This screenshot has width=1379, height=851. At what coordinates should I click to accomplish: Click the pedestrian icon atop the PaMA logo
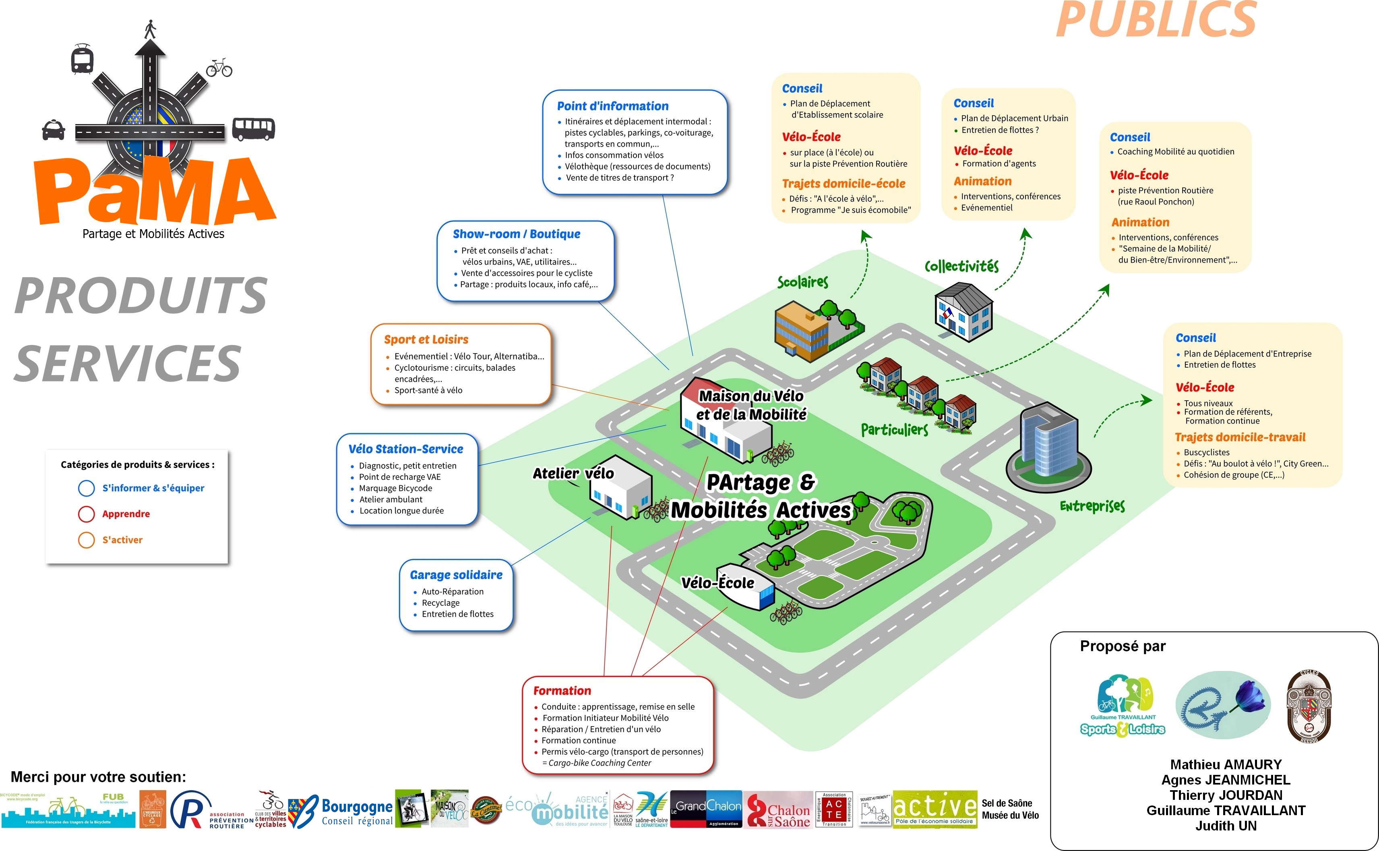(150, 29)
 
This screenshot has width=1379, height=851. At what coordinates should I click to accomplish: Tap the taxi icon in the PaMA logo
(54, 130)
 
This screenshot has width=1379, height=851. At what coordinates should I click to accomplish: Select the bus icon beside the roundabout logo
(253, 129)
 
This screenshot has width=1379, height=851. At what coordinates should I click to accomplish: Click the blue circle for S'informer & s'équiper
(86, 488)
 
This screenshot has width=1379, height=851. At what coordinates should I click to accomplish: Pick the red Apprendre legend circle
(86, 514)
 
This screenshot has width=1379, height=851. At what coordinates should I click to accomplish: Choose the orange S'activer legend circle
(86, 540)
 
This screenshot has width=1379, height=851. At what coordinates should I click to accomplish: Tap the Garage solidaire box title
(456, 575)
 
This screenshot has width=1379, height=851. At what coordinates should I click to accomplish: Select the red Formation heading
(562, 691)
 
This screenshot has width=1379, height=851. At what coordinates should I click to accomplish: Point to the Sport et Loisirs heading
(426, 340)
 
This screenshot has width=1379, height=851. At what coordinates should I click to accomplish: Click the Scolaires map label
(802, 282)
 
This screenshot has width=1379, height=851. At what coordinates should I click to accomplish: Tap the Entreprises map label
(1092, 506)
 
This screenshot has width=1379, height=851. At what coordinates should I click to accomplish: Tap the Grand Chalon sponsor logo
(708, 809)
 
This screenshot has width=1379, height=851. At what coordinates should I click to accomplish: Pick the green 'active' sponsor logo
(934, 809)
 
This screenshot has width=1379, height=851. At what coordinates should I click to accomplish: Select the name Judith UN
(1226, 826)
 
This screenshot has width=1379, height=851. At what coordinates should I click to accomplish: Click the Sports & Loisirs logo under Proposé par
(1122, 707)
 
